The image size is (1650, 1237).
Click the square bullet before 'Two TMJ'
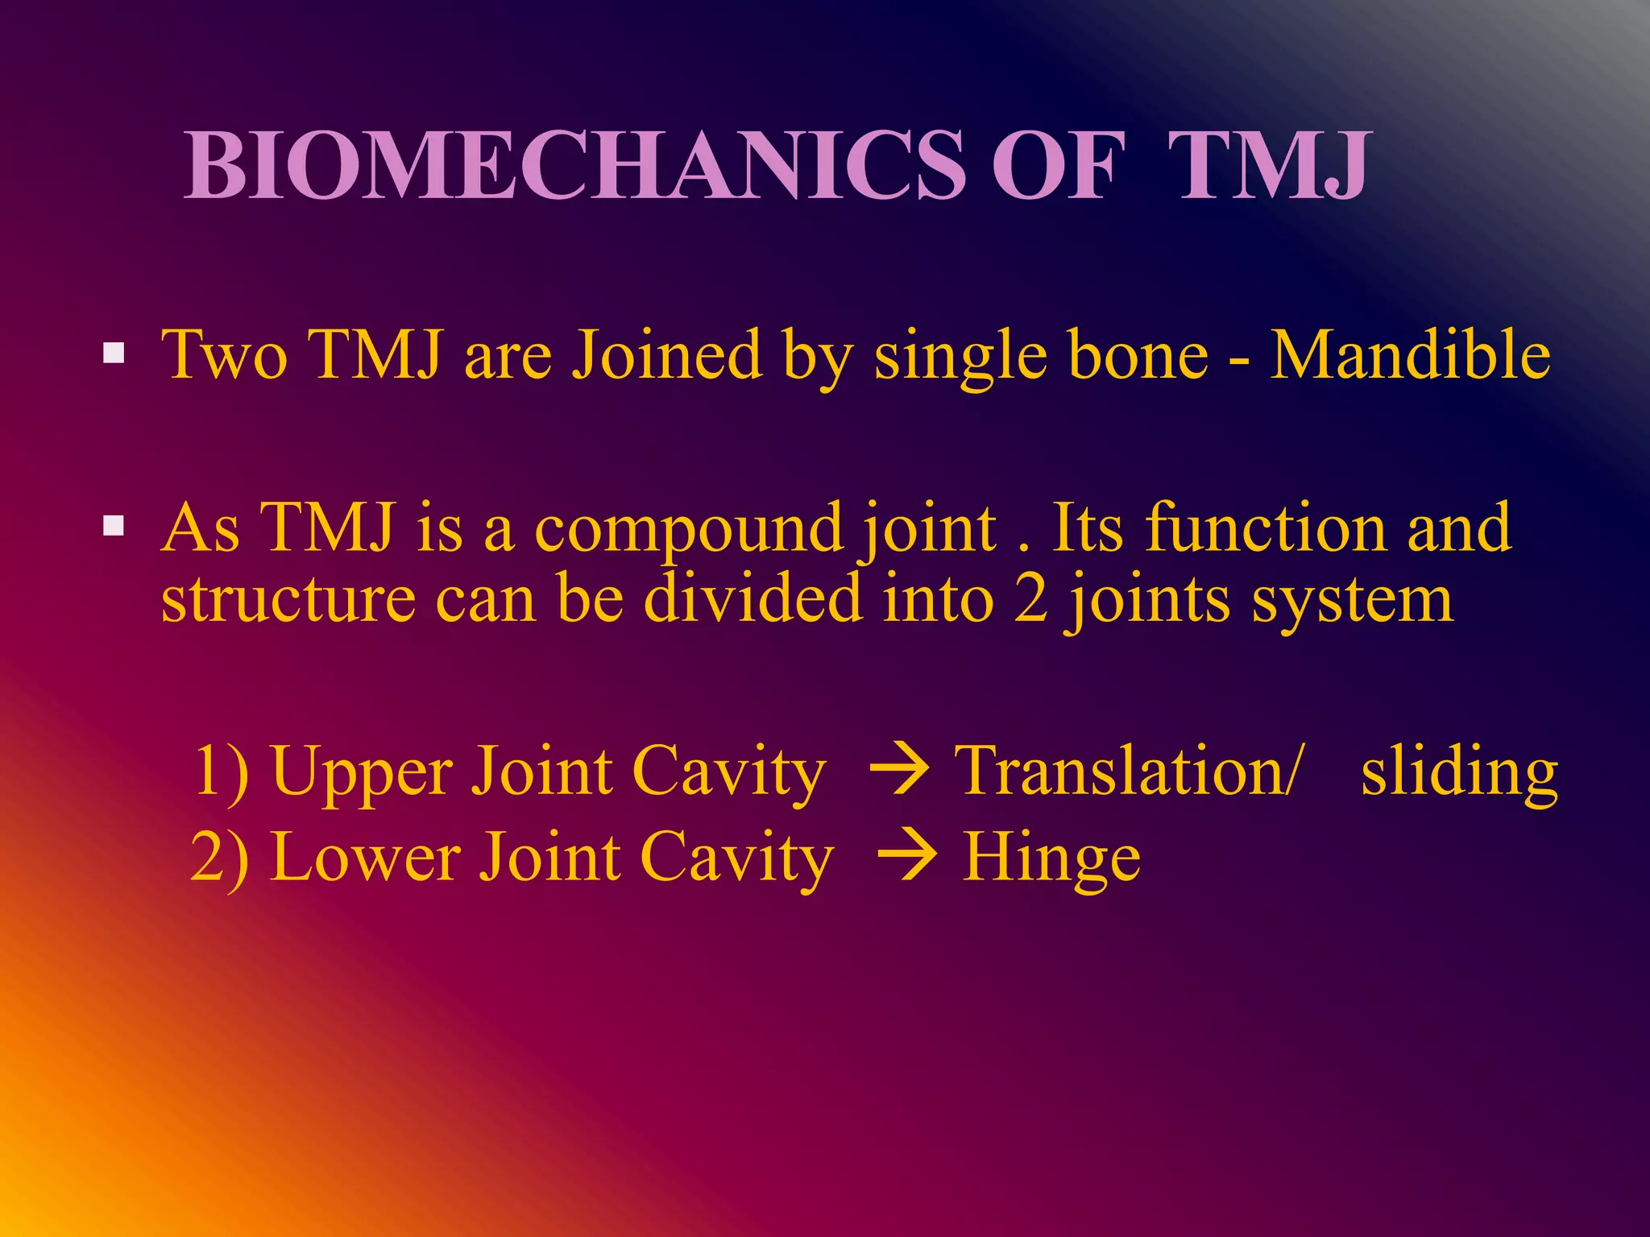click(114, 354)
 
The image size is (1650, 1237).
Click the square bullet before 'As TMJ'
click(114, 527)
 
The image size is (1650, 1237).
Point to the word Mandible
click(1410, 355)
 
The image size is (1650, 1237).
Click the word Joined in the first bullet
click(667, 355)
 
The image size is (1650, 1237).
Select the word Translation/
click(1126, 771)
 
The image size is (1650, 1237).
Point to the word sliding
click(1459, 772)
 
